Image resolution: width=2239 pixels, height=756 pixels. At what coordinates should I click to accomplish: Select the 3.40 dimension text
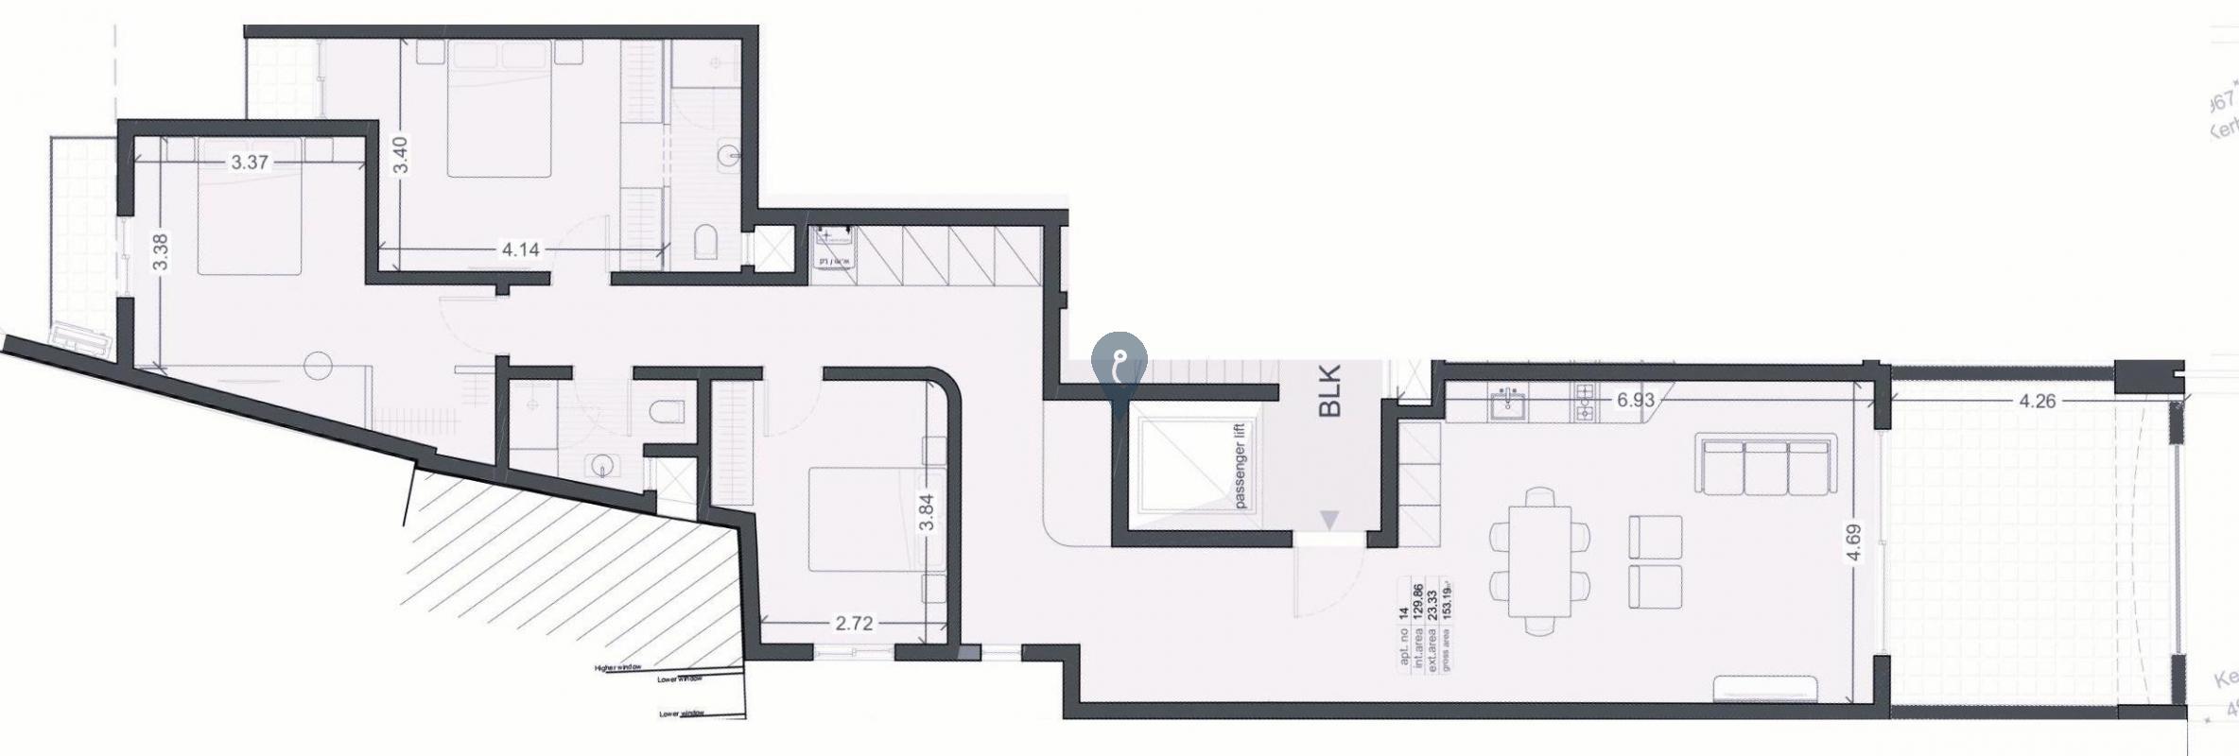(x=400, y=155)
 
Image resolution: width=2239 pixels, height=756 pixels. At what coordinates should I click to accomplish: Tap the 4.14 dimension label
(x=520, y=249)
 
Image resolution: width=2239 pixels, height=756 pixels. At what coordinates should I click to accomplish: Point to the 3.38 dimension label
(x=160, y=252)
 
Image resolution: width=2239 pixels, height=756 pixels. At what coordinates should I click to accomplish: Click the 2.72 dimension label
(x=853, y=623)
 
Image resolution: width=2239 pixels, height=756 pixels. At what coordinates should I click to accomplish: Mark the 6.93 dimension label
(x=1635, y=400)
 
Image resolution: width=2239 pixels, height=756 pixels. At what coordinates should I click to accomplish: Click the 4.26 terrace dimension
(x=2038, y=401)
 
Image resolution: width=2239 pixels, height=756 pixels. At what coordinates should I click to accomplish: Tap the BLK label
(x=1330, y=393)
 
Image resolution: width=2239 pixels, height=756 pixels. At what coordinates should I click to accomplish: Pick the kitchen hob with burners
(x=1584, y=404)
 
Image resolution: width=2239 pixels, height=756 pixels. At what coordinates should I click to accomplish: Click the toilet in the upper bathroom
(x=706, y=242)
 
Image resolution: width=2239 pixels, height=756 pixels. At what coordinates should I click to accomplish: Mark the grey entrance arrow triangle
(x=1329, y=519)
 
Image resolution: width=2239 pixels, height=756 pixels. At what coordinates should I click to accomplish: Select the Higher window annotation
(x=620, y=668)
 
